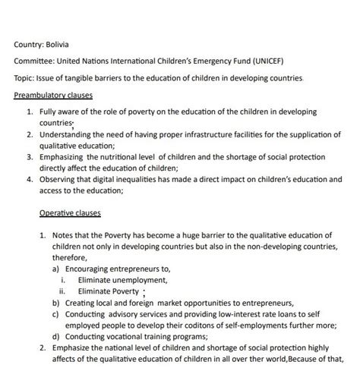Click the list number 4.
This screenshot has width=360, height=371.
28,180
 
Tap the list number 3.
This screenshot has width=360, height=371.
28,157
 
